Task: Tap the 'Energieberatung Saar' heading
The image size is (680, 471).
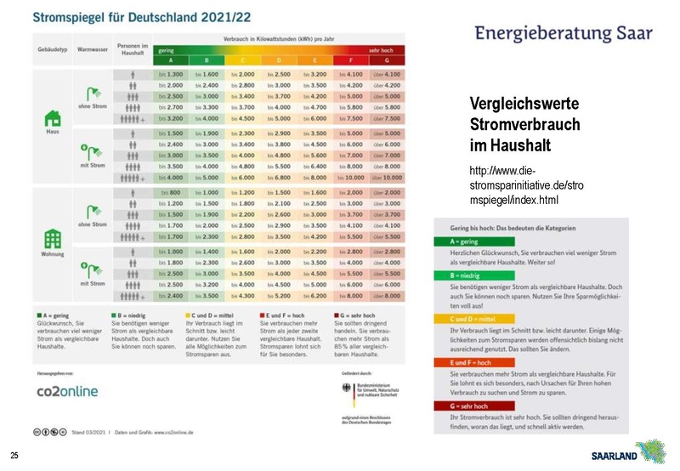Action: click(x=564, y=34)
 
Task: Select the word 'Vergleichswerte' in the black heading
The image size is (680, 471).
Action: click(x=524, y=104)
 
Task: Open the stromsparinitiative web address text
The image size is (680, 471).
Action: click(x=525, y=186)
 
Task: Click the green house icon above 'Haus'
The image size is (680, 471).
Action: click(x=52, y=117)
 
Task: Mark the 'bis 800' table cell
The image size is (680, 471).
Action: click(x=170, y=193)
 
